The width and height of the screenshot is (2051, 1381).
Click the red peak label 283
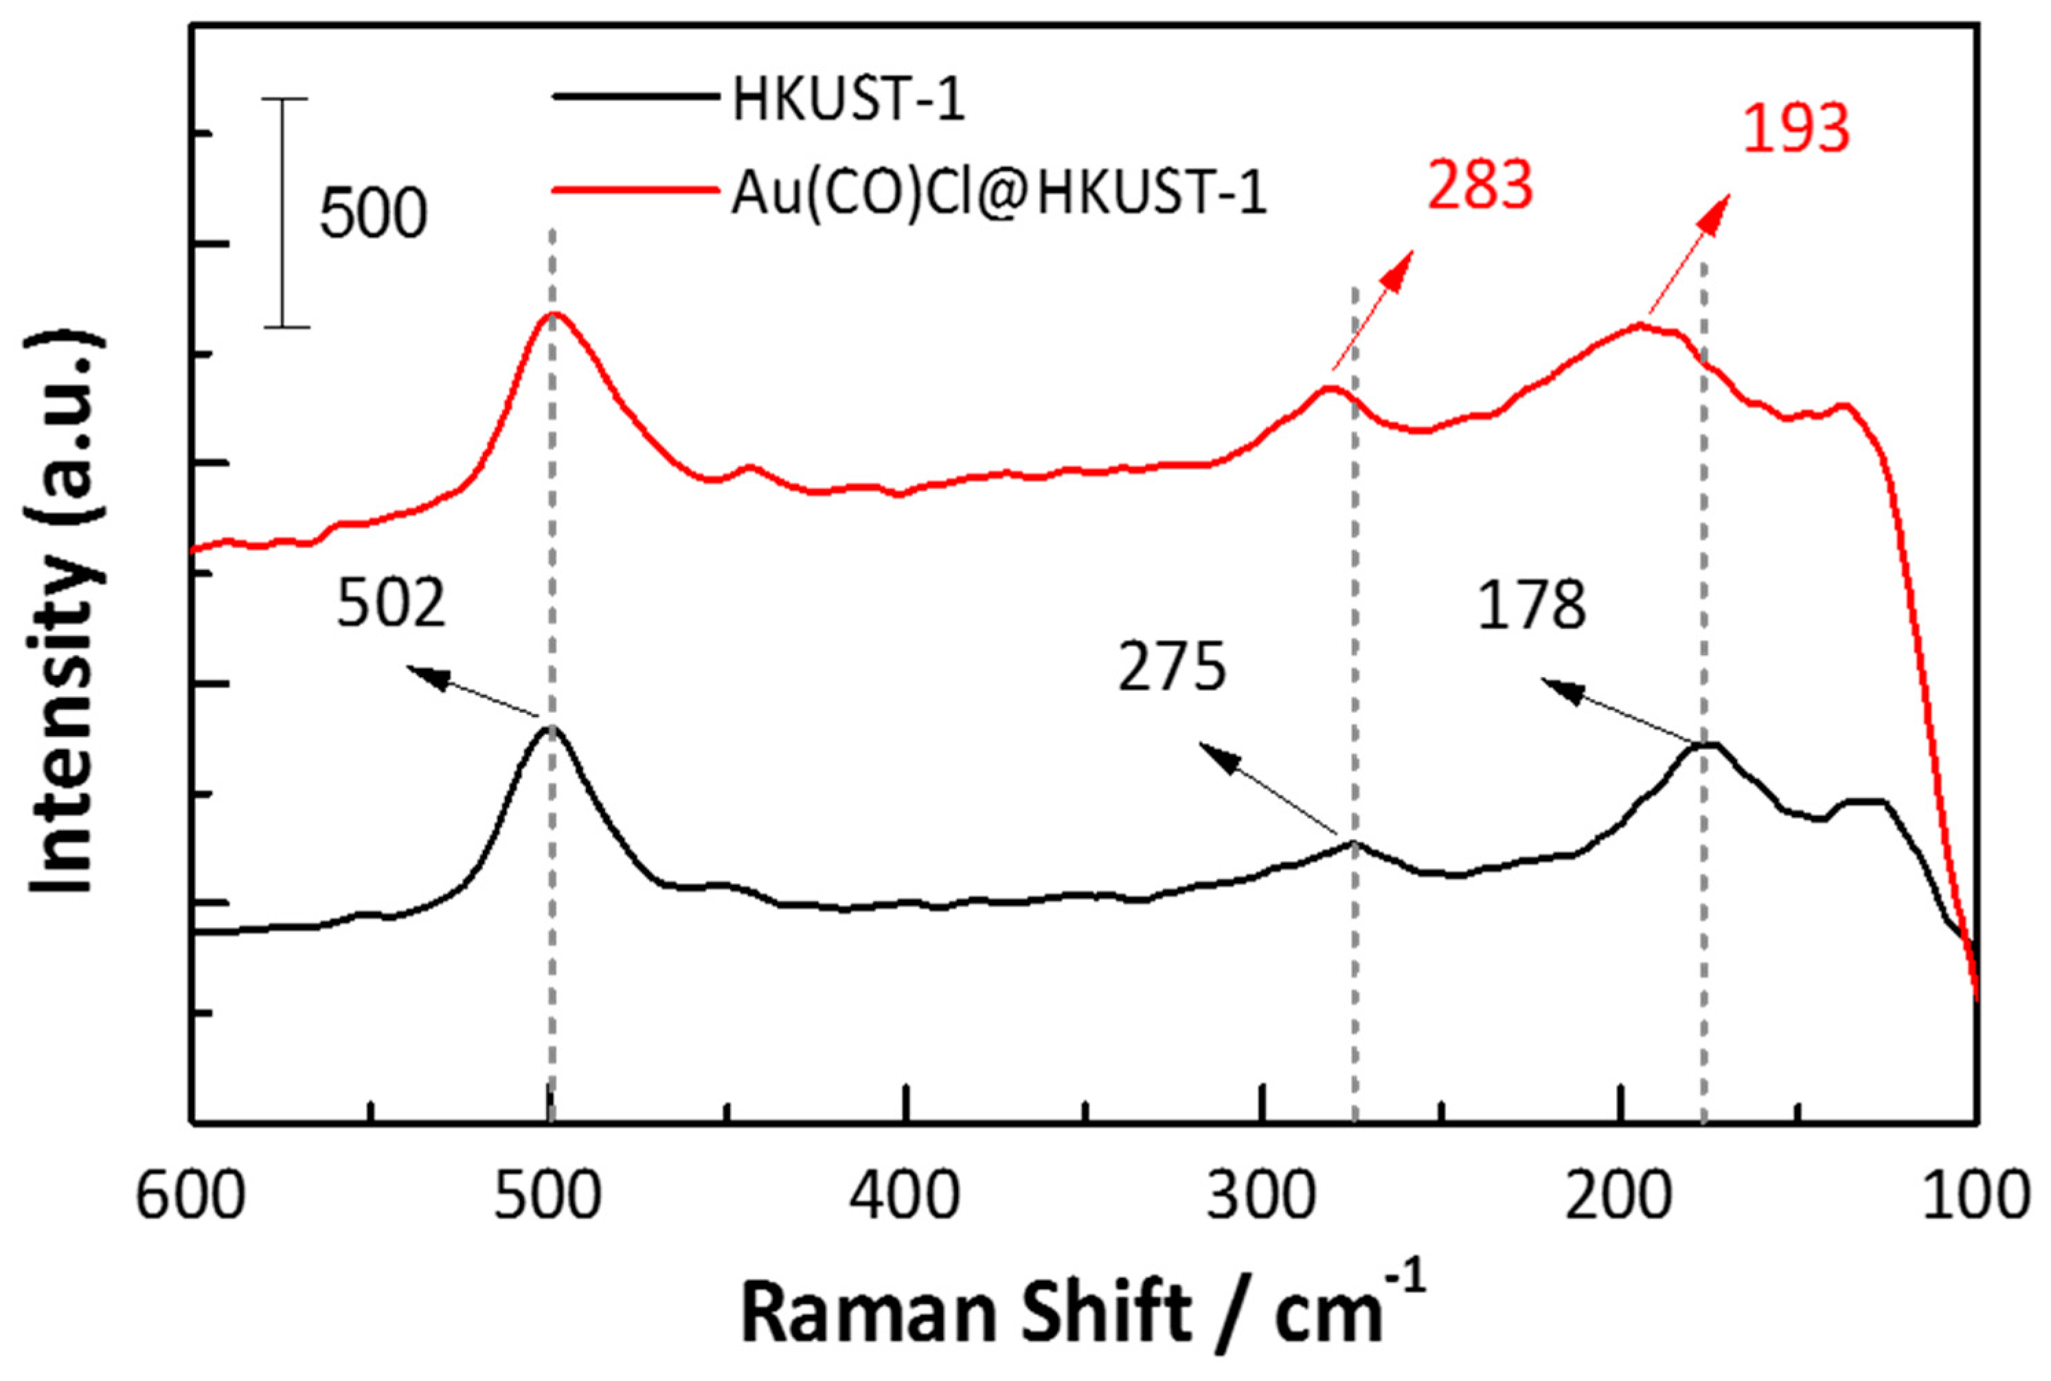[x=1480, y=185]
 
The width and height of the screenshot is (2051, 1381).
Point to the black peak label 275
[x=1172, y=667]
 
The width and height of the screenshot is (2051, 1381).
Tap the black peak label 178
[x=1531, y=605]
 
